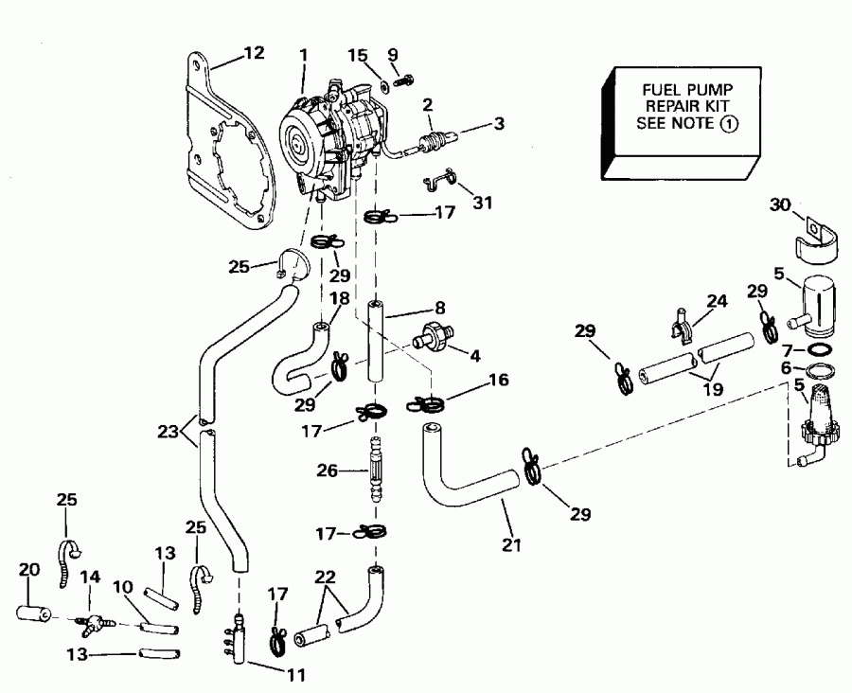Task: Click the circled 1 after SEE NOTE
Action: (728, 125)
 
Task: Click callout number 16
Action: (499, 381)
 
